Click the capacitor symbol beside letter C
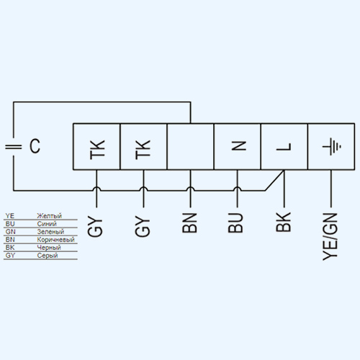click(x=14, y=147)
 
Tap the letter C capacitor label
click(x=35, y=146)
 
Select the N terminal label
click(x=239, y=145)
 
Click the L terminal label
click(x=284, y=147)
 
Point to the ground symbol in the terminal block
click(x=331, y=146)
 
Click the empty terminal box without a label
click(x=190, y=147)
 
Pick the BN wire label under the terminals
click(x=189, y=223)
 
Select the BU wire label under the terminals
click(x=235, y=222)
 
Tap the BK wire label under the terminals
click(x=284, y=222)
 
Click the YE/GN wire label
click(x=330, y=237)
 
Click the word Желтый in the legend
click(x=49, y=215)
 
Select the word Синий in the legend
click(x=47, y=224)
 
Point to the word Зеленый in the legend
click(x=50, y=232)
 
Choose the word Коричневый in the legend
click(x=55, y=240)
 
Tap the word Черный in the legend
click(x=49, y=248)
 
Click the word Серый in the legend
click(x=48, y=256)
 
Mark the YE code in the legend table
click(x=10, y=215)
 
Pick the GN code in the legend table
click(x=10, y=232)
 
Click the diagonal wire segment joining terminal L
click(x=274, y=180)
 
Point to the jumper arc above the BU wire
click(x=237, y=188)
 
